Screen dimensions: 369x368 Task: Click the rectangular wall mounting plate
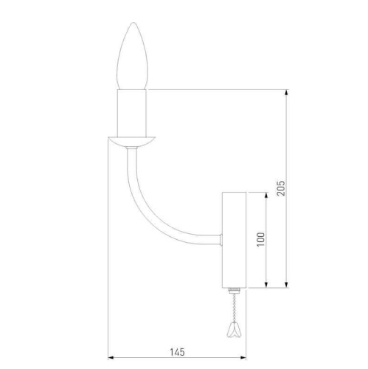click(x=234, y=240)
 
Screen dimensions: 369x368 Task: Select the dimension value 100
click(x=260, y=239)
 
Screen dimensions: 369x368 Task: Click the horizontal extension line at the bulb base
click(x=221, y=90)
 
